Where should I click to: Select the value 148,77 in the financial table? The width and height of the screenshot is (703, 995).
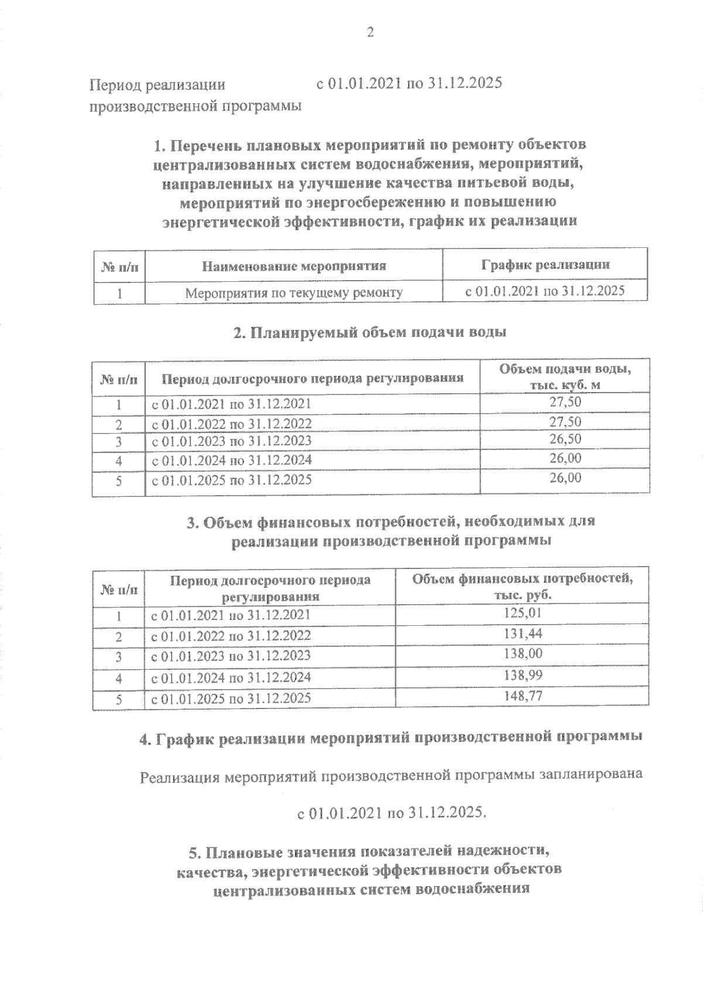click(523, 696)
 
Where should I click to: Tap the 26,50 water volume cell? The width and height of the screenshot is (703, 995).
click(565, 439)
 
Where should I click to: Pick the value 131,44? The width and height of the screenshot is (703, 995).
click(523, 633)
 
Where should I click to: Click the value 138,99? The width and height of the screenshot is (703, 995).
click(523, 675)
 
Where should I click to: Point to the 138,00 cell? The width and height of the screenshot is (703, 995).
click(523, 653)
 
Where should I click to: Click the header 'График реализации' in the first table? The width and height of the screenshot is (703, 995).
click(545, 265)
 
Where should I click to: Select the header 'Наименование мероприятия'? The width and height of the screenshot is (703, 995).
click(294, 266)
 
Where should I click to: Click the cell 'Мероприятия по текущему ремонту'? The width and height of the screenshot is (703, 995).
click(294, 292)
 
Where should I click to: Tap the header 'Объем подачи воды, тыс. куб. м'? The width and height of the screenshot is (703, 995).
click(565, 377)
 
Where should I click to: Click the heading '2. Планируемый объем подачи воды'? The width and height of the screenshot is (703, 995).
click(370, 332)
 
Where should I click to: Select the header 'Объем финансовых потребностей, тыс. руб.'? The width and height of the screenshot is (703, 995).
click(523, 587)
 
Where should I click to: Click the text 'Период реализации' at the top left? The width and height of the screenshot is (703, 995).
click(157, 85)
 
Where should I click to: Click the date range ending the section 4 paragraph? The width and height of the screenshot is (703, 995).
click(392, 813)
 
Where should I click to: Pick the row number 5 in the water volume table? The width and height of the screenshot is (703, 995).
click(118, 482)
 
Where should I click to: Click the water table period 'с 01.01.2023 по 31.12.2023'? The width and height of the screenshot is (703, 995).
click(232, 441)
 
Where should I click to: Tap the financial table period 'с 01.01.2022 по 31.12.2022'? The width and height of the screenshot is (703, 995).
click(231, 636)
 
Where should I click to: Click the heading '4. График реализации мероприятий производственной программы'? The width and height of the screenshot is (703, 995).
click(391, 738)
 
